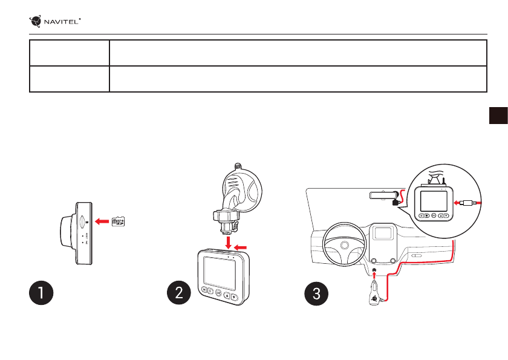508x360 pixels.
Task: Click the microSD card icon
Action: click(x=119, y=222)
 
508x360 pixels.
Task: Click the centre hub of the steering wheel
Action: click(x=344, y=246)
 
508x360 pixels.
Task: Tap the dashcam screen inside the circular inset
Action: click(x=435, y=200)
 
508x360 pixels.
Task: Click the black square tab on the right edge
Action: click(x=498, y=116)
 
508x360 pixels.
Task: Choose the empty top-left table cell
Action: click(x=70, y=53)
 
